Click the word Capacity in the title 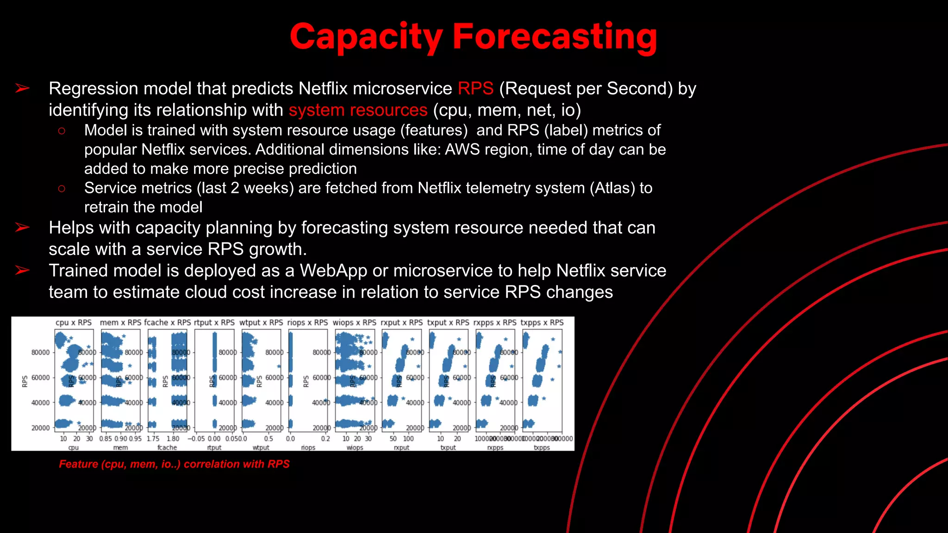point(366,37)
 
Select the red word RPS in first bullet point(475,88)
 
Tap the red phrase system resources point(358,110)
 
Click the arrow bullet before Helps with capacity point(22,228)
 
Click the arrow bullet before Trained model point(22,270)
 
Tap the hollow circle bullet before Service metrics point(62,188)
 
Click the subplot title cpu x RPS point(74,322)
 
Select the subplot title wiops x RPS point(355,322)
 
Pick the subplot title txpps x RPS point(542,322)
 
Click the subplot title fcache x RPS point(167,322)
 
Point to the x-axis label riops point(308,447)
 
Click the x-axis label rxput point(401,447)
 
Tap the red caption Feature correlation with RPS point(174,464)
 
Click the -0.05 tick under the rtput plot point(196,439)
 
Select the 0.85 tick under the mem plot point(106,439)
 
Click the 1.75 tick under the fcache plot point(153,439)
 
